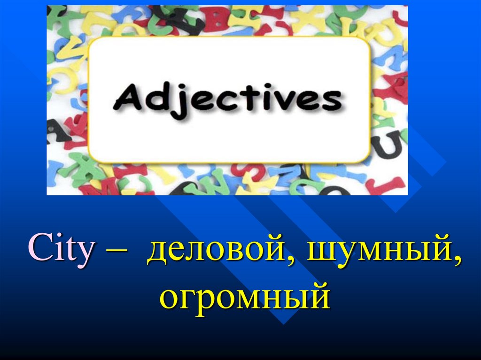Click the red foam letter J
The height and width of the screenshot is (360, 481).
pos(389,185)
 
